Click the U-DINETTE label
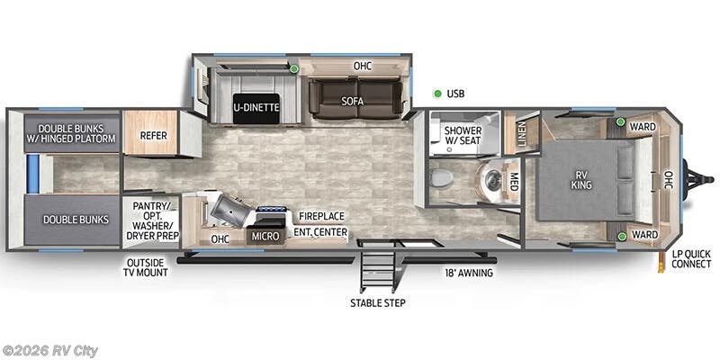point(256,107)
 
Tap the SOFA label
point(352,101)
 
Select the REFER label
point(152,136)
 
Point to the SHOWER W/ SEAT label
point(463,136)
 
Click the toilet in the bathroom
point(441,177)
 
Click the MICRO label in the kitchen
point(265,236)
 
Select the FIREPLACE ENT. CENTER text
point(321,223)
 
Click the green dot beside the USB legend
point(437,93)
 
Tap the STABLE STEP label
point(378,302)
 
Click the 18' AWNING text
point(468,272)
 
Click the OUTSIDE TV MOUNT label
point(147,266)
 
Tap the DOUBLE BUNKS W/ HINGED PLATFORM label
point(71,132)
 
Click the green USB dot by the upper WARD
point(621,121)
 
